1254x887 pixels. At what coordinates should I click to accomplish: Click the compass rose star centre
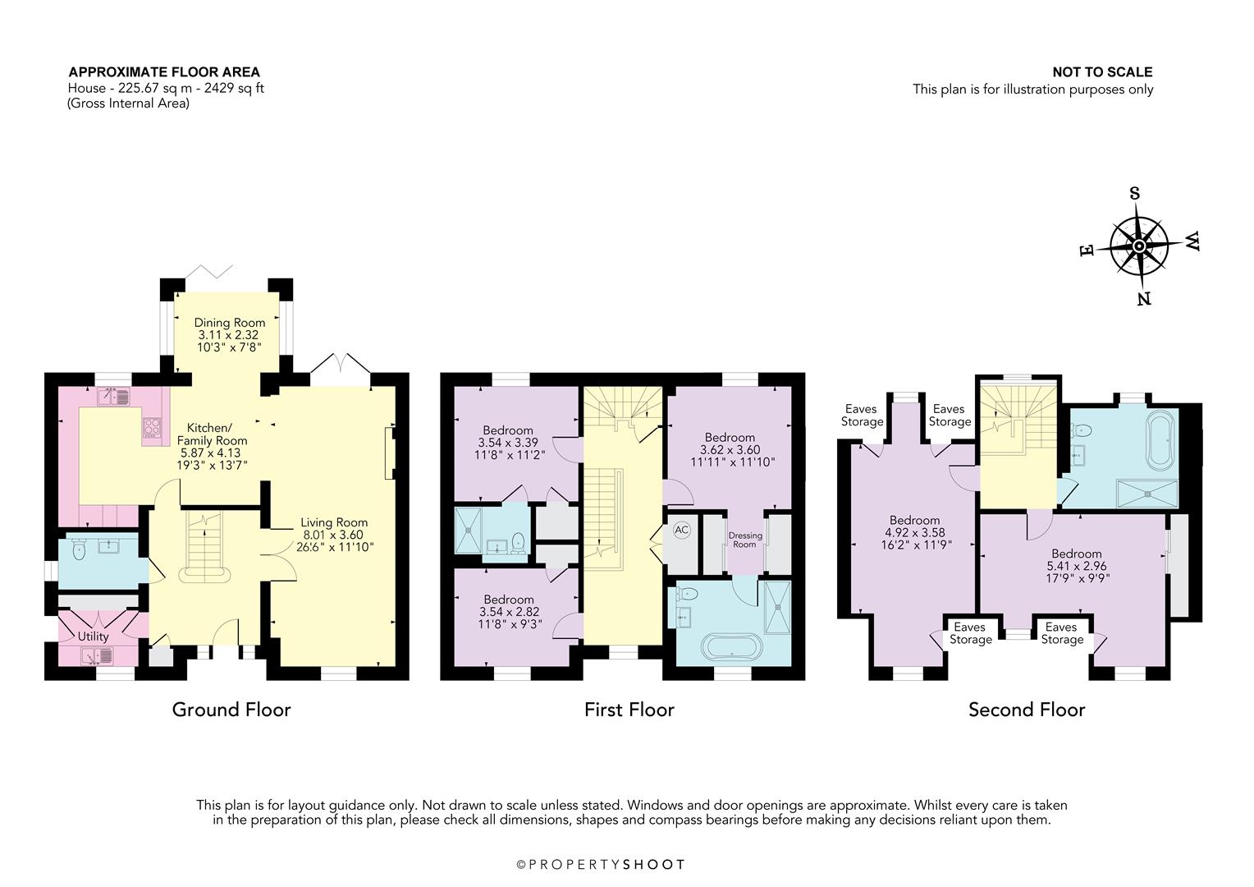click(x=1139, y=246)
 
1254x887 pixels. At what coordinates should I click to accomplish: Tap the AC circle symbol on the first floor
click(x=681, y=530)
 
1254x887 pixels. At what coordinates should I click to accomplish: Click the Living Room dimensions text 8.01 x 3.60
click(x=333, y=535)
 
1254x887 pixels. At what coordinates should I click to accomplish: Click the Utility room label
click(x=93, y=637)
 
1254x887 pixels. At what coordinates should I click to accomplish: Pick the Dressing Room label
click(x=744, y=540)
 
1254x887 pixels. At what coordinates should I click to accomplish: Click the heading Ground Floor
click(x=231, y=710)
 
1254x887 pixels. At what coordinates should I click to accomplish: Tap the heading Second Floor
click(x=1027, y=710)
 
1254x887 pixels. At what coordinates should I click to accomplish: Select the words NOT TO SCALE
click(x=1102, y=72)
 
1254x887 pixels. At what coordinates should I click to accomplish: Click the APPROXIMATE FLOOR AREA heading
click(x=164, y=72)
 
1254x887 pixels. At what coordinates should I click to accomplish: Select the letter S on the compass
click(x=1135, y=194)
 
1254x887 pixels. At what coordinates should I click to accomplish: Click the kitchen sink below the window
click(x=114, y=398)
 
